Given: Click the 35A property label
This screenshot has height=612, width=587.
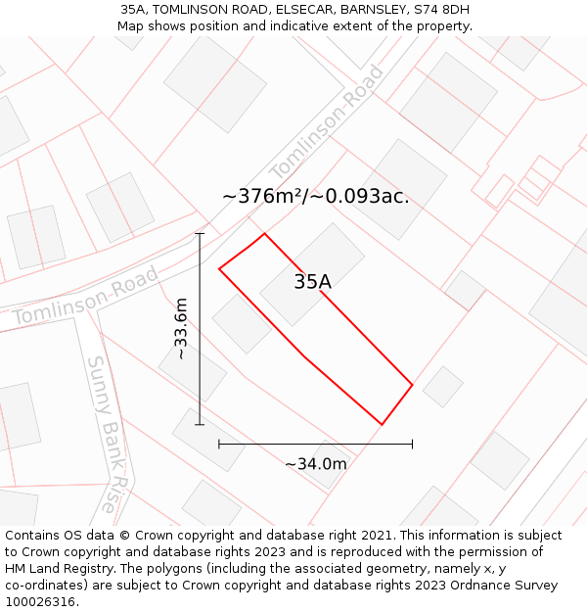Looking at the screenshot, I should (x=312, y=282).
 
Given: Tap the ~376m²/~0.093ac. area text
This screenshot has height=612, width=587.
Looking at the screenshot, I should (x=315, y=196).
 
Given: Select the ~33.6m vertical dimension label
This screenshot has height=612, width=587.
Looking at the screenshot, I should (x=181, y=329).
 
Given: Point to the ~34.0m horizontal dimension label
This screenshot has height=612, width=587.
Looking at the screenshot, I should (x=315, y=463).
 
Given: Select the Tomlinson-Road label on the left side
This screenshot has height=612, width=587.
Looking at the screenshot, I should (x=86, y=298).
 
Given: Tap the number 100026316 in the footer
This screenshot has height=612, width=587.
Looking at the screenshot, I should (x=39, y=601).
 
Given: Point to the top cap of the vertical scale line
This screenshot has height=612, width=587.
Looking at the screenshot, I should (x=200, y=234).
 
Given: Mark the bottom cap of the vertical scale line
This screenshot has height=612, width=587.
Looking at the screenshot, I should (x=200, y=424).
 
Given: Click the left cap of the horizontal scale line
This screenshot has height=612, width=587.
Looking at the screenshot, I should (x=219, y=444).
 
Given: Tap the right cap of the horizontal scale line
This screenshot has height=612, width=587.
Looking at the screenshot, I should (x=412, y=444).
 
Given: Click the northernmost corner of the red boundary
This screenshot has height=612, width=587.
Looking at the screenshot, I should (x=264, y=233).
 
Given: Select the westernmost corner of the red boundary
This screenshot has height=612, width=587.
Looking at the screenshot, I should (x=219, y=268).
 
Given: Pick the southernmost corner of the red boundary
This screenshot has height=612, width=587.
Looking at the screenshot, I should (x=381, y=424).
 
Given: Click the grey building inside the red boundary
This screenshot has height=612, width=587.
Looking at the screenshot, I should (x=312, y=274).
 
